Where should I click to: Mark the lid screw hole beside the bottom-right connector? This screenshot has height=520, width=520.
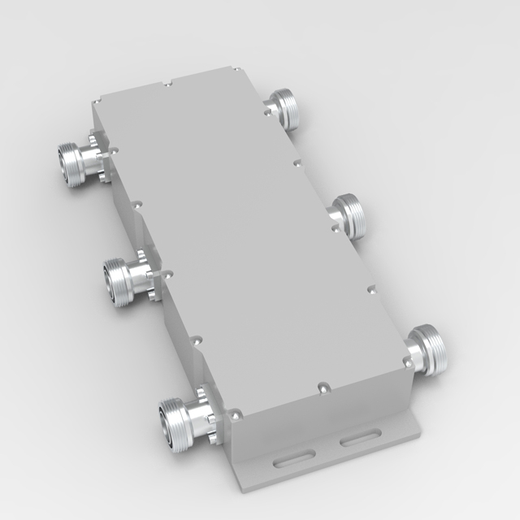click(x=404, y=357)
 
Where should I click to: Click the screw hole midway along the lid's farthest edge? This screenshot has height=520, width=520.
click(x=166, y=83)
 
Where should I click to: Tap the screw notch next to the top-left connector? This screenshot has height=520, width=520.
click(x=113, y=149)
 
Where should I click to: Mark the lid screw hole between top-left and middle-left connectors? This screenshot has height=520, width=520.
click(x=136, y=205)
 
